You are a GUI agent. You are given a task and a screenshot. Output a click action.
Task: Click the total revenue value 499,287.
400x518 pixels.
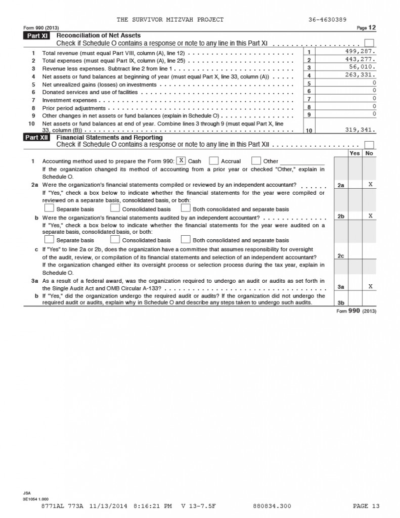361,52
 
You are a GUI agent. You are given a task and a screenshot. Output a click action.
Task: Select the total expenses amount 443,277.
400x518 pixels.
361,60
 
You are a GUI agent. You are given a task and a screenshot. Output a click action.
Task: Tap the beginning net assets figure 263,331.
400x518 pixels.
361,75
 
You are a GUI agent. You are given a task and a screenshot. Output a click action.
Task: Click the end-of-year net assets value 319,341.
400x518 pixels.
361,129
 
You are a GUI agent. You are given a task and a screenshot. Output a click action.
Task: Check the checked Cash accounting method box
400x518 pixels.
181,161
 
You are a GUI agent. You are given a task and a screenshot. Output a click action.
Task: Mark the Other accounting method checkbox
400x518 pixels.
256,161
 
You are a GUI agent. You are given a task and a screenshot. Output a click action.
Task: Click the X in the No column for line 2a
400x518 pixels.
370,185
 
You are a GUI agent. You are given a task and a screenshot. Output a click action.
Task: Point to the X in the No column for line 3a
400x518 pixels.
370,286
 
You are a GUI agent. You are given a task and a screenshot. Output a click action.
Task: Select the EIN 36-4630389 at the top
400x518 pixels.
327,20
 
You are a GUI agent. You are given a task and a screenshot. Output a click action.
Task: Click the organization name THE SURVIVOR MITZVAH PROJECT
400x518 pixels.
170,20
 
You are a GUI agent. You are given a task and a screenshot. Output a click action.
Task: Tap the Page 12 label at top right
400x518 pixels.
367,27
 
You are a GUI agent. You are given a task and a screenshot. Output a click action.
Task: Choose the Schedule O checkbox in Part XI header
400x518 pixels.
370,43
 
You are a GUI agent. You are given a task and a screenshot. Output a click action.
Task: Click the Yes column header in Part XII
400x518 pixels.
355,153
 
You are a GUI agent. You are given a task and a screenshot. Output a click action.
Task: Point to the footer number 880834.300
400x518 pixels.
272,505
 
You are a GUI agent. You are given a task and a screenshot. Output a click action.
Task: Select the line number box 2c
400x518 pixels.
341,256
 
